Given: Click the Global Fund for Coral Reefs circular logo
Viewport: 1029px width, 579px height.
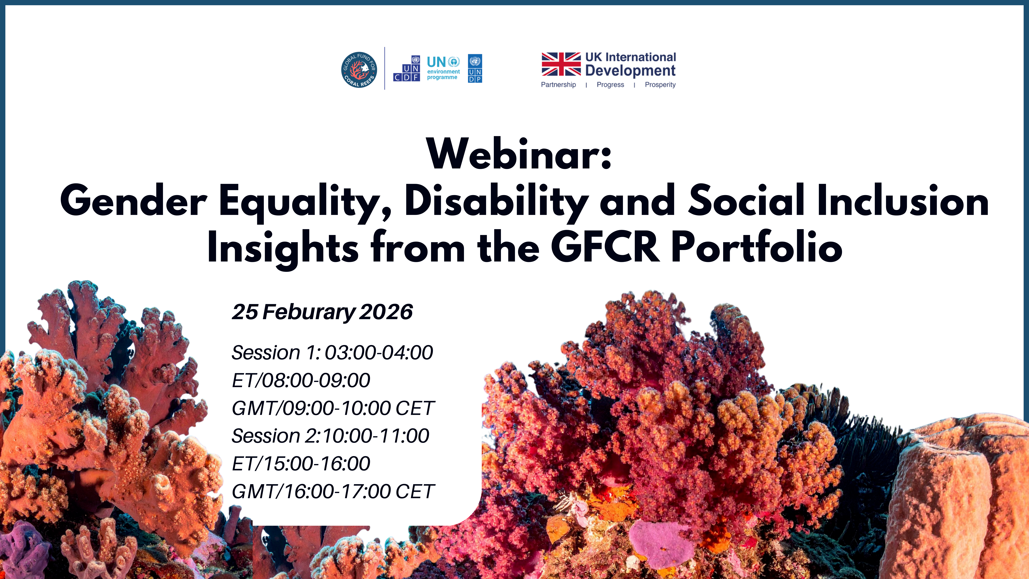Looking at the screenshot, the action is click(x=359, y=69).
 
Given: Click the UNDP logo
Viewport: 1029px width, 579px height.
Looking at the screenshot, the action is click(x=475, y=68).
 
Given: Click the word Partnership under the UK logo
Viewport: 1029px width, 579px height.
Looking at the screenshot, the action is click(x=558, y=85).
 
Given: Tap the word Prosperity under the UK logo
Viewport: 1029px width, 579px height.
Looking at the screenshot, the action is click(x=660, y=85).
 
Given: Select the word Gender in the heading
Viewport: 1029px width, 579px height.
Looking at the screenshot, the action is click(x=133, y=201).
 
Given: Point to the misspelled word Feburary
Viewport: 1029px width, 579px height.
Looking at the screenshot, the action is click(x=309, y=312).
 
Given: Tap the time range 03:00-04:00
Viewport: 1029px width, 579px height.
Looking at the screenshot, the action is click(x=379, y=352).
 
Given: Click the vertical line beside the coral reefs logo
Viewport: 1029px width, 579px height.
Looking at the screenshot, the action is click(x=385, y=68).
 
